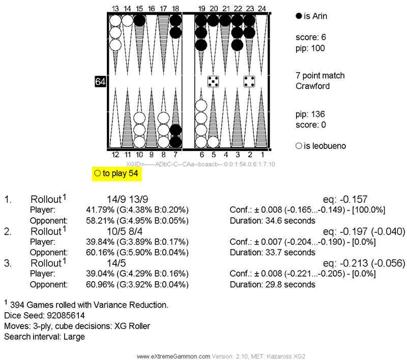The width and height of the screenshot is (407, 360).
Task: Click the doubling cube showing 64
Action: [100, 81]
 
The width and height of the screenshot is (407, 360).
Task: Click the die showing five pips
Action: [213, 81]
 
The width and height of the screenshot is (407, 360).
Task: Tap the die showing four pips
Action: [249, 81]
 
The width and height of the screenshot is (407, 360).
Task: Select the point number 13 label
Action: [115, 8]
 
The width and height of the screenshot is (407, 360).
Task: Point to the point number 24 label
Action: [261, 8]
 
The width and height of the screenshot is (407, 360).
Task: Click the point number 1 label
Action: [261, 154]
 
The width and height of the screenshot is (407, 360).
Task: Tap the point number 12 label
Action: [115, 154]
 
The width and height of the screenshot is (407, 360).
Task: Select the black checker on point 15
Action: [139, 21]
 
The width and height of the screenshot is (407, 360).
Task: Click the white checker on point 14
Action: [127, 21]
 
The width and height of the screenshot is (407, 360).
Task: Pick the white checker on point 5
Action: [213, 142]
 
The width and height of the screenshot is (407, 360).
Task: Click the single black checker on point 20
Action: [213, 21]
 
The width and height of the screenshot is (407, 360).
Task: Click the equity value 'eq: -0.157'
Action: [345, 200]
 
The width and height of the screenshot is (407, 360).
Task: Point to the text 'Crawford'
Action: [312, 86]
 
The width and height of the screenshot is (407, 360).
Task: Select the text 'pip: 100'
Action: [310, 48]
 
